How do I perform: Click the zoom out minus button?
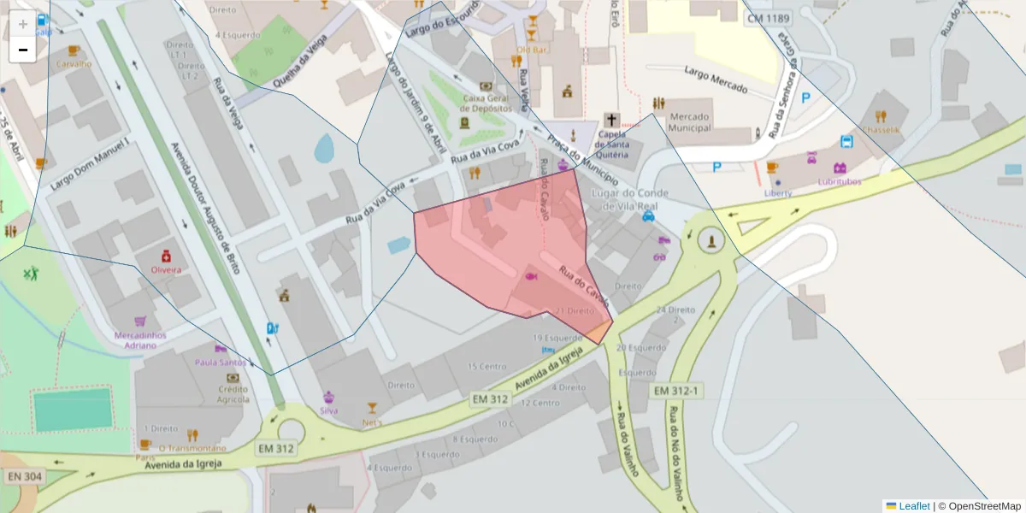23,50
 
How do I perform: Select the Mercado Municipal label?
691,121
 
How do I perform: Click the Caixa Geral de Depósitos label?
486,103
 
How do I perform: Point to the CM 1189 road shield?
768,19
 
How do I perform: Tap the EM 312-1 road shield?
676,391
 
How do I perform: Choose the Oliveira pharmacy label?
166,269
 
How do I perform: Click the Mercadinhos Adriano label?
140,339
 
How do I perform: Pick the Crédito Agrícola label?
233,394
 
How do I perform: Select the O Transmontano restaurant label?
192,448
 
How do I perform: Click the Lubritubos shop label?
839,181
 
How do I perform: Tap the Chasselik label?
882,130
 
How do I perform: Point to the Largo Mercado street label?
715,80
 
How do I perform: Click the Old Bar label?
531,50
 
